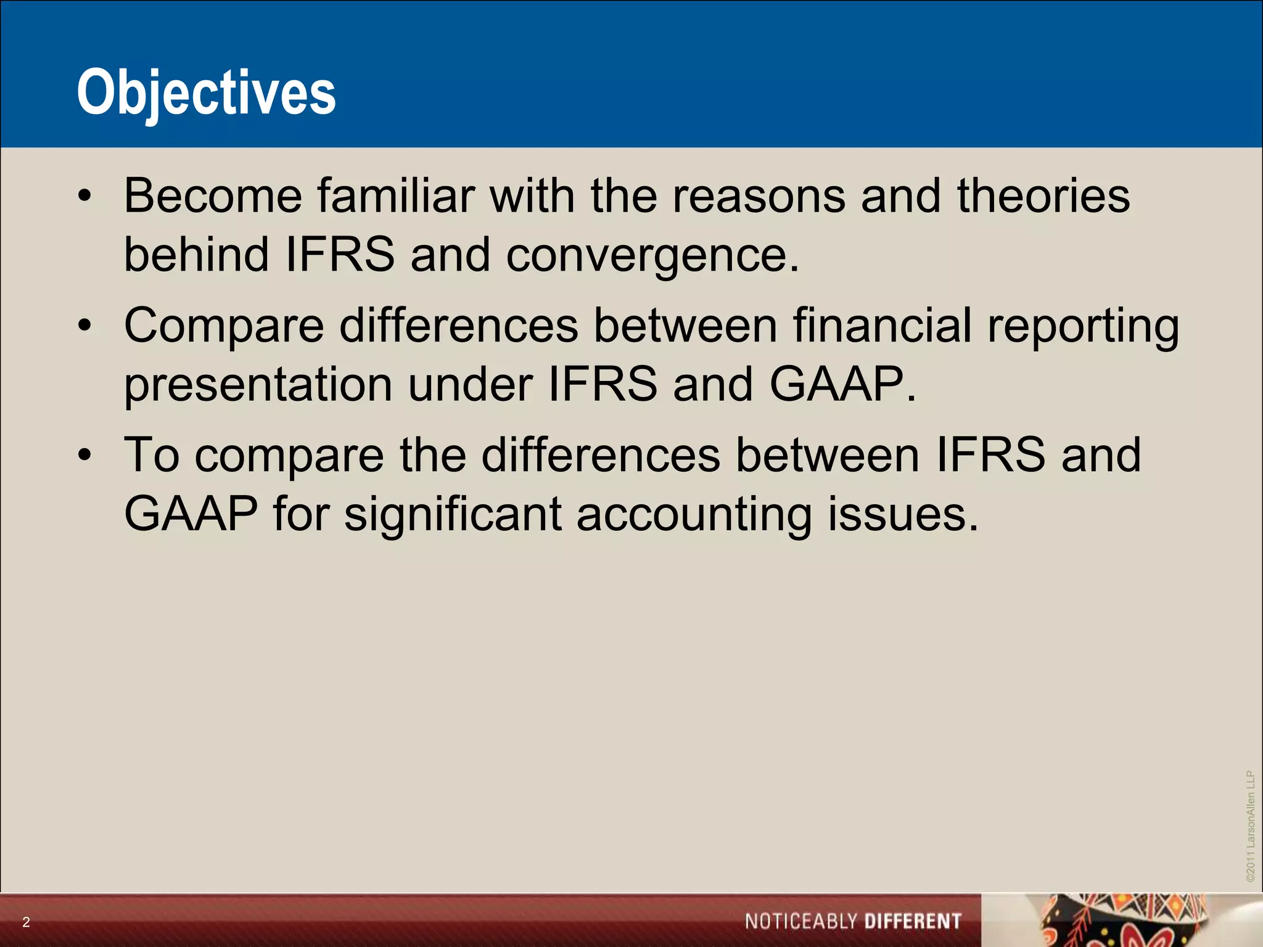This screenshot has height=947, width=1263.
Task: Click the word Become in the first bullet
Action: [213, 195]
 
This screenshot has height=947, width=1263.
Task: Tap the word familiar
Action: [395, 195]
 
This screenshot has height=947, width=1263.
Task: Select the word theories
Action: [1043, 195]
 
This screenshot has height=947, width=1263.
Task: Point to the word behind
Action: [196, 254]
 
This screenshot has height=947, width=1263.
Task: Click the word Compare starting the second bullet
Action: [224, 327]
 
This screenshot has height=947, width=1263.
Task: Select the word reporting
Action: [1083, 327]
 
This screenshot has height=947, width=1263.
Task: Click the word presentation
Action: [258, 385]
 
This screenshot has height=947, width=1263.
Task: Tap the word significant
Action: [453, 515]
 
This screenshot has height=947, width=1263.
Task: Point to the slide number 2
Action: [26, 922]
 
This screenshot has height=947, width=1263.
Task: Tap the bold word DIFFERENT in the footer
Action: [913, 922]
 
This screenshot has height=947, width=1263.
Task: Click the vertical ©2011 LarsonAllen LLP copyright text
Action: [1250, 826]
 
